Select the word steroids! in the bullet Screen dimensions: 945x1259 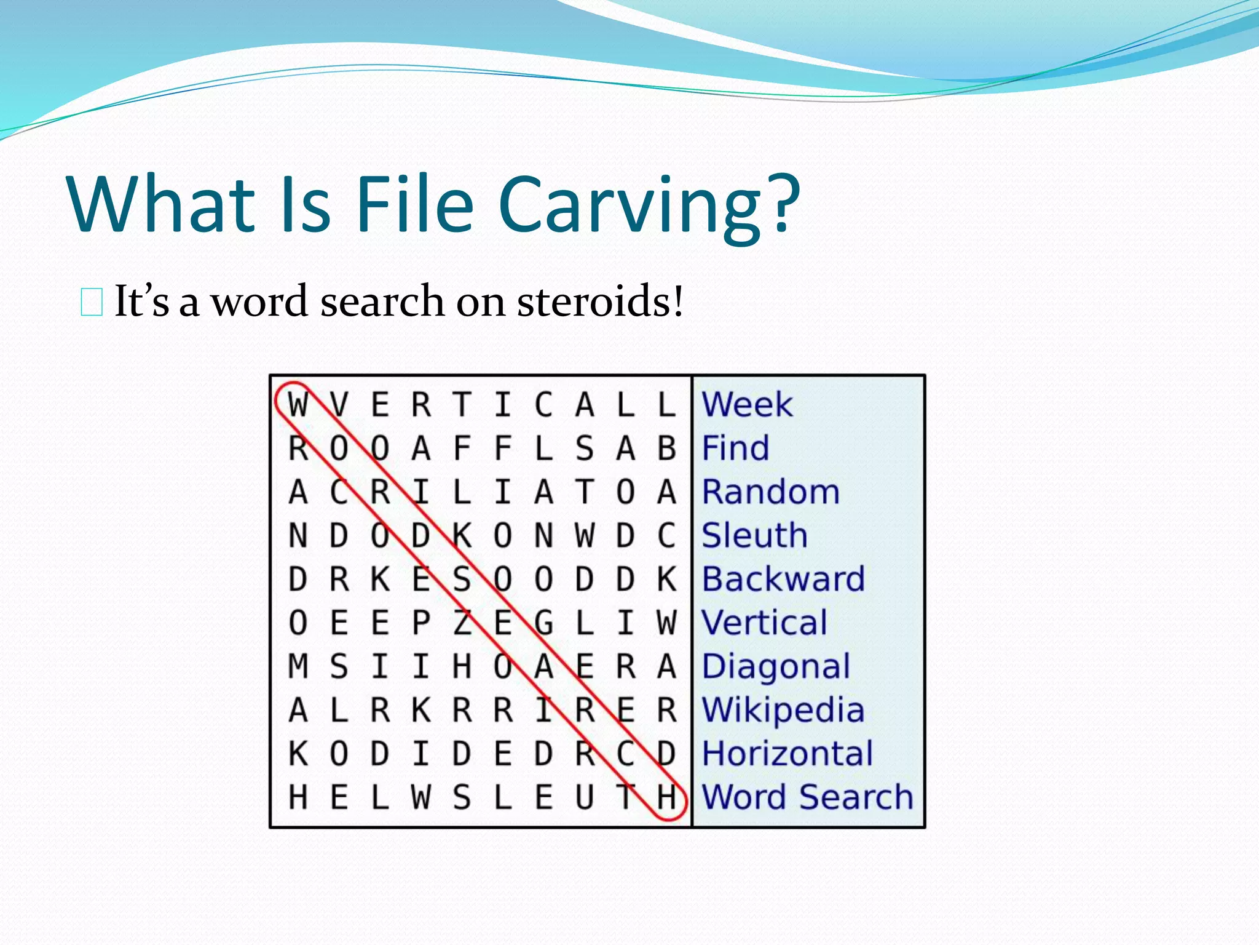click(x=600, y=301)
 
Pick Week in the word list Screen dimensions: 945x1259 click(x=747, y=405)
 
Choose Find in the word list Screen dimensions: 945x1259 click(x=735, y=448)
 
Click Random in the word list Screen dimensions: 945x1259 click(x=770, y=492)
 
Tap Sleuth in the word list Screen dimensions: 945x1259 click(x=754, y=535)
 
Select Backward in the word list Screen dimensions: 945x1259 click(x=783, y=579)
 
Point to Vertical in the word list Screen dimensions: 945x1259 click(x=765, y=623)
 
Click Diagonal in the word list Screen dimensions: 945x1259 click(x=776, y=667)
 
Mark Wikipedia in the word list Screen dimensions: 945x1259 click(x=783, y=710)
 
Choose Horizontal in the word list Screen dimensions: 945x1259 click(x=787, y=754)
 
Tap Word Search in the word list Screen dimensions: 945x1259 click(x=807, y=797)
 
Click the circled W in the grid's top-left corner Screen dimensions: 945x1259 click(x=298, y=405)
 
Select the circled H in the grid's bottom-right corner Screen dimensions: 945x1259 click(x=667, y=798)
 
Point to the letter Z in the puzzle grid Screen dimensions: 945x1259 click(x=462, y=623)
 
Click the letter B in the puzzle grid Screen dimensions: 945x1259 click(x=667, y=449)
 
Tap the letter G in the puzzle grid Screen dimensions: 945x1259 click(x=543, y=623)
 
